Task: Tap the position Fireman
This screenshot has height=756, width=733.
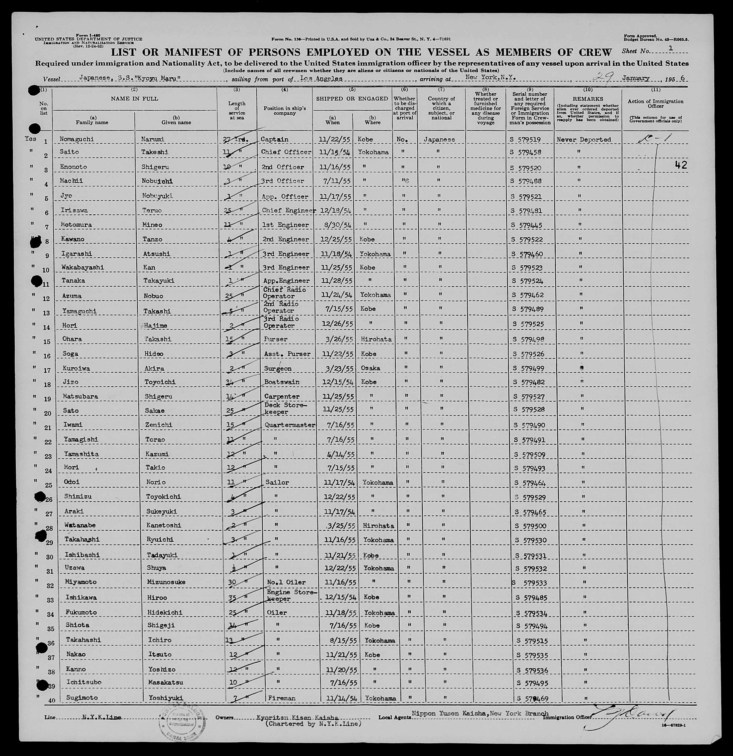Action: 281,698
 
